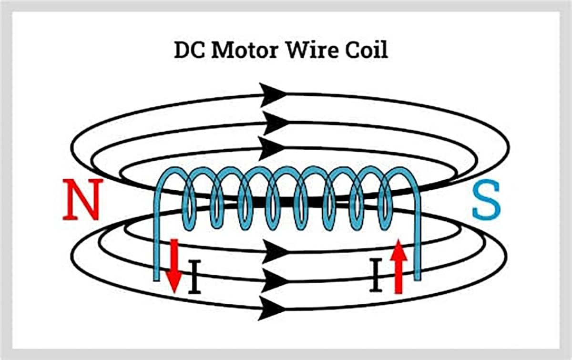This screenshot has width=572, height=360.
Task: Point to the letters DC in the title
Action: click(189, 50)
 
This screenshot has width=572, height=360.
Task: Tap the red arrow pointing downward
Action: click(174, 265)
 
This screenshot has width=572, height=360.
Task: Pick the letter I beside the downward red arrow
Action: click(194, 277)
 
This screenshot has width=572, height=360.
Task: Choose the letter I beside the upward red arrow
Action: click(376, 275)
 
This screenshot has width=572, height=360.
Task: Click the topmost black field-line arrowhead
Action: click(272, 94)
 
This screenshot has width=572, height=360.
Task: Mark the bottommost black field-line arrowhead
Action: click(272, 309)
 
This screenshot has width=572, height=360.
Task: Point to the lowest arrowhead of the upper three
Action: click(272, 148)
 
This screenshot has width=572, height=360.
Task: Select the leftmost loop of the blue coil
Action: click(188, 200)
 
